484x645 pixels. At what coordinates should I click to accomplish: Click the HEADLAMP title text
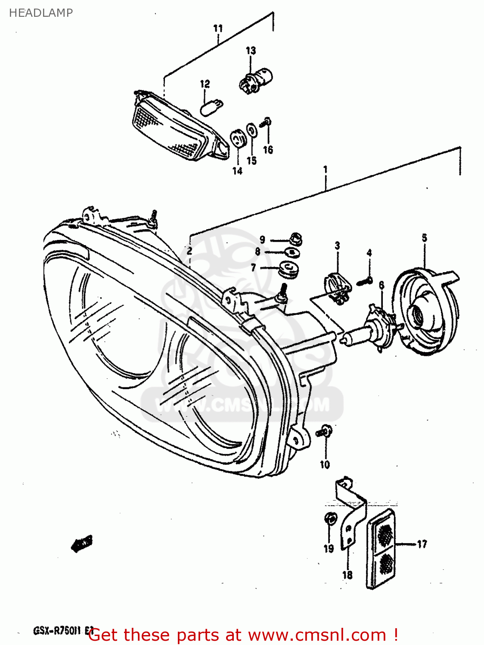click(40, 13)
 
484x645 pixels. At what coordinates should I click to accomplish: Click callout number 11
click(218, 28)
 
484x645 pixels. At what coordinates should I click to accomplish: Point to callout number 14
click(237, 171)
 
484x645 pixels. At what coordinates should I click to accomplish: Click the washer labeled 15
click(251, 130)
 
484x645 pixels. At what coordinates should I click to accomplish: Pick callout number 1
click(326, 169)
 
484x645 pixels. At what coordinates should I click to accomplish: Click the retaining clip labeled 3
click(338, 287)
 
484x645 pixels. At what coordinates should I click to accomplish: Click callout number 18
click(347, 574)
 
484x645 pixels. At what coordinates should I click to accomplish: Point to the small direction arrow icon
click(82, 544)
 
